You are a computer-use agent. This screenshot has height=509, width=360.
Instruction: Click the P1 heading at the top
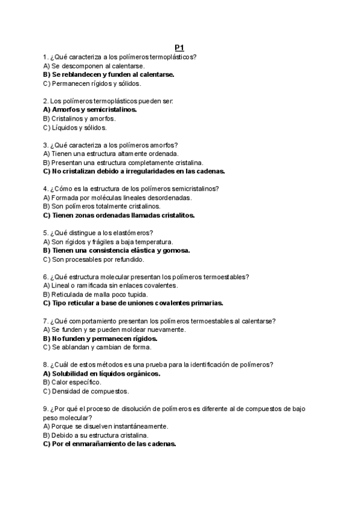coord(179,48)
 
